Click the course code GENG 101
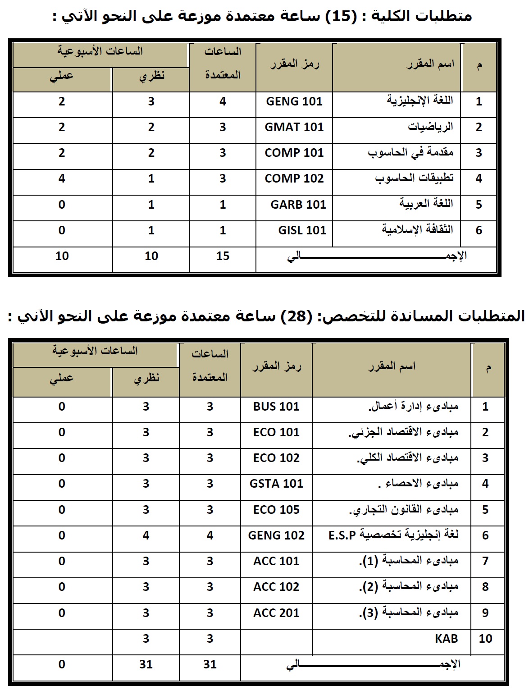pyautogui.click(x=294, y=101)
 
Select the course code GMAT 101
pyautogui.click(x=294, y=127)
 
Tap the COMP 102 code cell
pyautogui.click(x=294, y=178)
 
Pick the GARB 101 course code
pyautogui.click(x=298, y=205)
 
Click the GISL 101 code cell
pyautogui.click(x=301, y=230)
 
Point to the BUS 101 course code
pyautogui.click(x=276, y=407)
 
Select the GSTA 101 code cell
pyautogui.click(x=276, y=484)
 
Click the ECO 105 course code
pyautogui.click(x=276, y=510)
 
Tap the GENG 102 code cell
pyautogui.click(x=276, y=535)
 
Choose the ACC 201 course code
pyautogui.click(x=276, y=613)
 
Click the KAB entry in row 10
pyautogui.click(x=447, y=639)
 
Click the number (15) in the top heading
pyautogui.click(x=338, y=17)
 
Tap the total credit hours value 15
pyautogui.click(x=223, y=256)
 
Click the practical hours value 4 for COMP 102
pyautogui.click(x=62, y=178)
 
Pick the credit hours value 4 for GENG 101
pyautogui.click(x=223, y=101)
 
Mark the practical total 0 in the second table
pyautogui.click(x=62, y=664)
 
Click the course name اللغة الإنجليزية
pyautogui.click(x=420, y=101)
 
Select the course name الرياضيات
pyautogui.click(x=430, y=127)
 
